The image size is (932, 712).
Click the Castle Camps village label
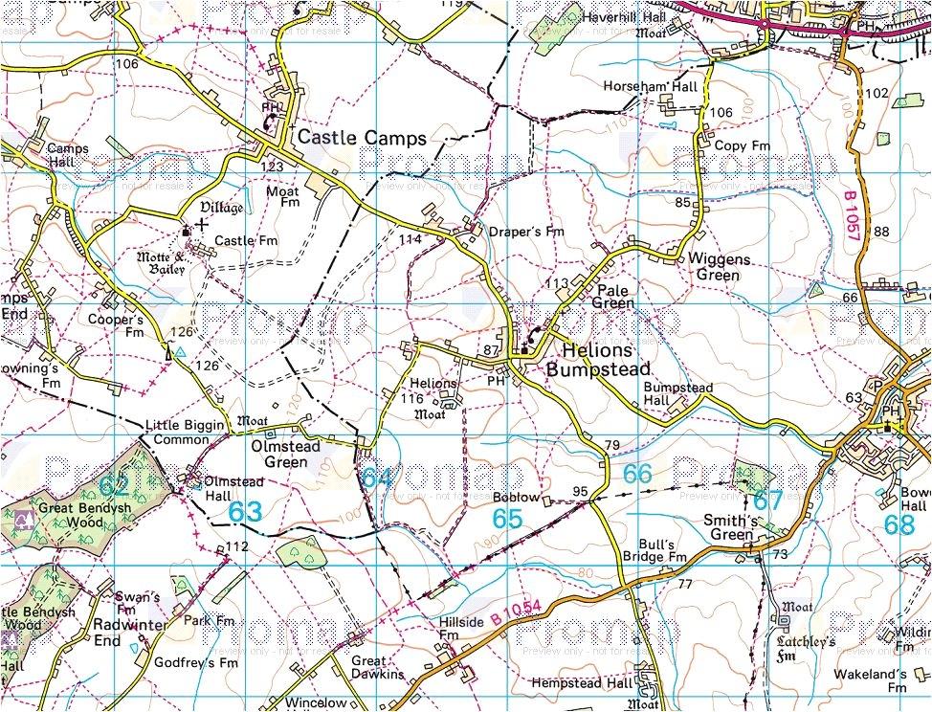coord(362,138)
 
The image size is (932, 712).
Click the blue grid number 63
coord(245,512)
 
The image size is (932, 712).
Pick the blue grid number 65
coord(508,519)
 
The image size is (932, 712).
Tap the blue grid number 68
coord(899,524)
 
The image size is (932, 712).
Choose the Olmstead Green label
coord(278,454)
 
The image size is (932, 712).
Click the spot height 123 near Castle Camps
coord(273,167)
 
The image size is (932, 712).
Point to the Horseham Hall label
coord(651,86)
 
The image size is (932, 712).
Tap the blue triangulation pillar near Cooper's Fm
coord(179,351)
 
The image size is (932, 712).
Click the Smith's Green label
coord(731,527)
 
